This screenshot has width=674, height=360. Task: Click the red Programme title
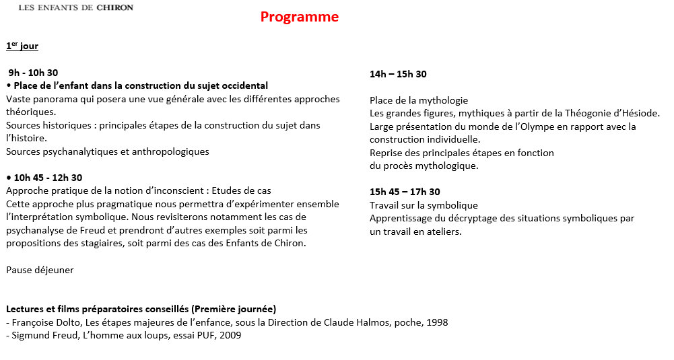point(300,17)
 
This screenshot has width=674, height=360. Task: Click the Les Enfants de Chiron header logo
point(76,7)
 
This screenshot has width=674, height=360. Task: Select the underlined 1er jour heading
point(22,46)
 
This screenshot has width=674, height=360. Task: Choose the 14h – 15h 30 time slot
point(398,74)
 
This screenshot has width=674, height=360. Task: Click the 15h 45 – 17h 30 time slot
point(405,192)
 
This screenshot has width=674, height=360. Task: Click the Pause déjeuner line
point(40,270)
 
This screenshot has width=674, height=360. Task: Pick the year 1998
point(436,322)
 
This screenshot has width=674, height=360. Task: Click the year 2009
point(230,335)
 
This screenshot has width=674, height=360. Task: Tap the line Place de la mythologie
point(418,100)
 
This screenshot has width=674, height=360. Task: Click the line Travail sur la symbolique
point(424,205)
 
